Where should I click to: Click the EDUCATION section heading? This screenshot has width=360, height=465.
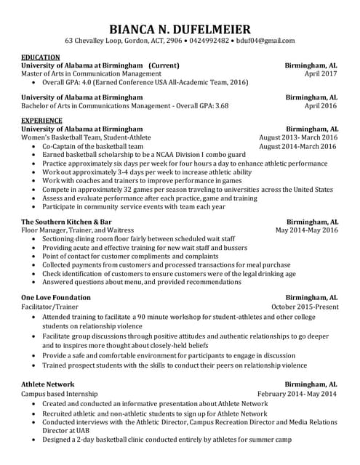41,57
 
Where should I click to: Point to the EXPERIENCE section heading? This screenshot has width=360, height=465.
41,120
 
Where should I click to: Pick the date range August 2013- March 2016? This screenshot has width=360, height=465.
298,137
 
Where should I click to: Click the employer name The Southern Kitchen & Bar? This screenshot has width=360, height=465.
66,222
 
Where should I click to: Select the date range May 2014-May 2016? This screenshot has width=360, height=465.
306,230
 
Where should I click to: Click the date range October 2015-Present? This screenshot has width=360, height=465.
304,307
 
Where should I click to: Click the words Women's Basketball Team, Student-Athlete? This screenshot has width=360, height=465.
86,137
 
